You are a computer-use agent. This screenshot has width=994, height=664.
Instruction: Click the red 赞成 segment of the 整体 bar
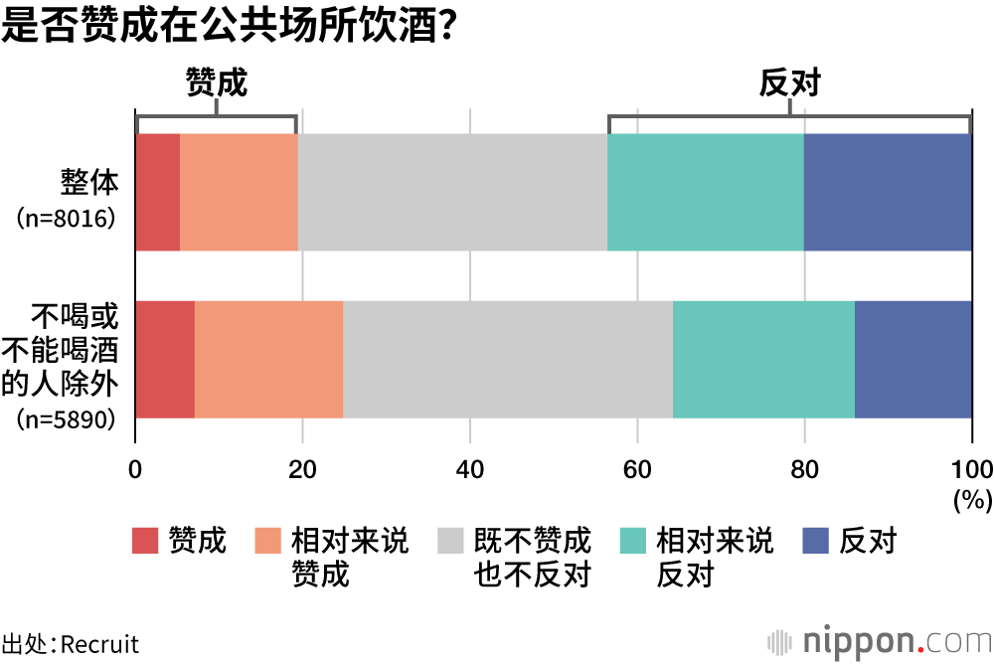click(x=157, y=192)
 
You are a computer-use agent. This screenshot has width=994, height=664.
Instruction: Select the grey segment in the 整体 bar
click(x=452, y=192)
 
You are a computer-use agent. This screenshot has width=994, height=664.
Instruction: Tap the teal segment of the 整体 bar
click(x=706, y=192)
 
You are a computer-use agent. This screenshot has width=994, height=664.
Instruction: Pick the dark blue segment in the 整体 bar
click(x=888, y=192)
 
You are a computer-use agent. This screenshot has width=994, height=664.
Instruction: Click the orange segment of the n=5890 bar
click(x=268, y=359)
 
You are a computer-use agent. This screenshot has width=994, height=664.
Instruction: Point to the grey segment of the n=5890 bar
click(x=508, y=359)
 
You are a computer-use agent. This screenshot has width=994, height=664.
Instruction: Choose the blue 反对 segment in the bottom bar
click(x=912, y=359)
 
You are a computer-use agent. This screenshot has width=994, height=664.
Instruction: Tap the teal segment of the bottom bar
click(x=763, y=359)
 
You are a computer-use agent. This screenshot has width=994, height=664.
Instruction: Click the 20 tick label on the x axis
click(x=302, y=469)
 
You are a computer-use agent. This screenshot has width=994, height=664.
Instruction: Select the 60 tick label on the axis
click(x=637, y=469)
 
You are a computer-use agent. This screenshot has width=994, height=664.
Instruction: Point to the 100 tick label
click(x=971, y=469)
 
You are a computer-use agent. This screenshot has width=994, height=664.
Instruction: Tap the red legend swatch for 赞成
click(x=146, y=542)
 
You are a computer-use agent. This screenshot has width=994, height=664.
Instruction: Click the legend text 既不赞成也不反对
click(x=533, y=558)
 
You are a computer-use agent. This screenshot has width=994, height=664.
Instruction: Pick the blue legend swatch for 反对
click(x=815, y=542)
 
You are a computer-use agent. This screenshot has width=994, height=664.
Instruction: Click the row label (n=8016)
click(x=68, y=218)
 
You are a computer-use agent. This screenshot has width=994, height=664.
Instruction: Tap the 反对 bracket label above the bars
click(x=790, y=83)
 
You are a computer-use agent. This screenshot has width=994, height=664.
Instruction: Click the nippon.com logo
click(x=879, y=638)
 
